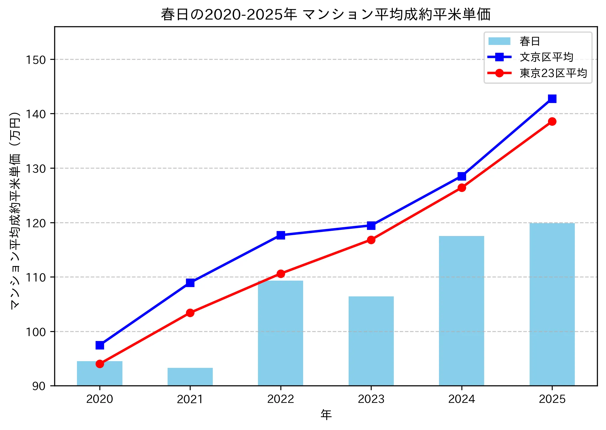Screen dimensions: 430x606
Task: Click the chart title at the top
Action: tap(326, 14)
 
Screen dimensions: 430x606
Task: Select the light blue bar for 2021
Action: tap(190, 377)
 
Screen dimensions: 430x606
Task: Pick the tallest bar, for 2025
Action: tap(552, 304)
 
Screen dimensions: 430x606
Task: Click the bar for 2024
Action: tap(461, 311)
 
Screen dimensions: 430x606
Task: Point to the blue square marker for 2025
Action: tap(552, 99)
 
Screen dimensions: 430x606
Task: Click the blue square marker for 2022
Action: tap(281, 235)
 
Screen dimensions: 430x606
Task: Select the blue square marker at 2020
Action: tap(100, 345)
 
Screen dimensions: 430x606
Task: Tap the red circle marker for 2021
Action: tap(190, 313)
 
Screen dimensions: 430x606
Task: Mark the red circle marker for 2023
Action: tap(371, 240)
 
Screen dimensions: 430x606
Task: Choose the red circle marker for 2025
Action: tap(552, 121)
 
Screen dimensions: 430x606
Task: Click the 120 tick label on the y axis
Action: tap(36, 223)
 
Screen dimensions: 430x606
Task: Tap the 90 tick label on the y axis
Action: tap(39, 386)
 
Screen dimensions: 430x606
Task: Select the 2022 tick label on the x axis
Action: tap(281, 399)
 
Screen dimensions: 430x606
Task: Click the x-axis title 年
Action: tap(326, 415)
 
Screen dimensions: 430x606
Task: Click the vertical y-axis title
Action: tap(15, 210)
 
